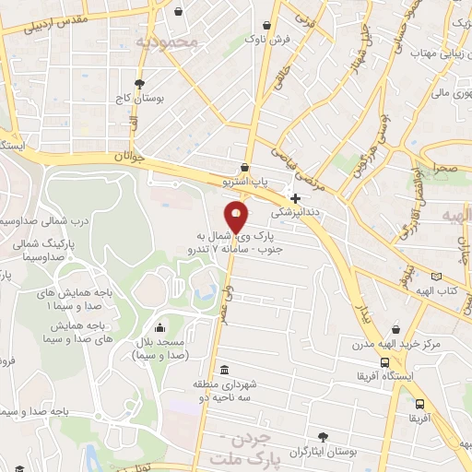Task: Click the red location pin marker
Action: tap(237, 218)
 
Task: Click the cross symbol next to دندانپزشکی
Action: tap(295, 198)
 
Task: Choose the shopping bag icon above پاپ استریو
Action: tap(243, 168)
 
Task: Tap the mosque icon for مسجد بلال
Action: tap(160, 327)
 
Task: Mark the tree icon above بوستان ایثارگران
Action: tap(322, 437)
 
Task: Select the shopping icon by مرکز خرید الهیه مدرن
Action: tap(395, 329)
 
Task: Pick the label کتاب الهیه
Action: tap(449, 292)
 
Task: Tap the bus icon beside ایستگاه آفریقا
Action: tap(420, 404)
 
